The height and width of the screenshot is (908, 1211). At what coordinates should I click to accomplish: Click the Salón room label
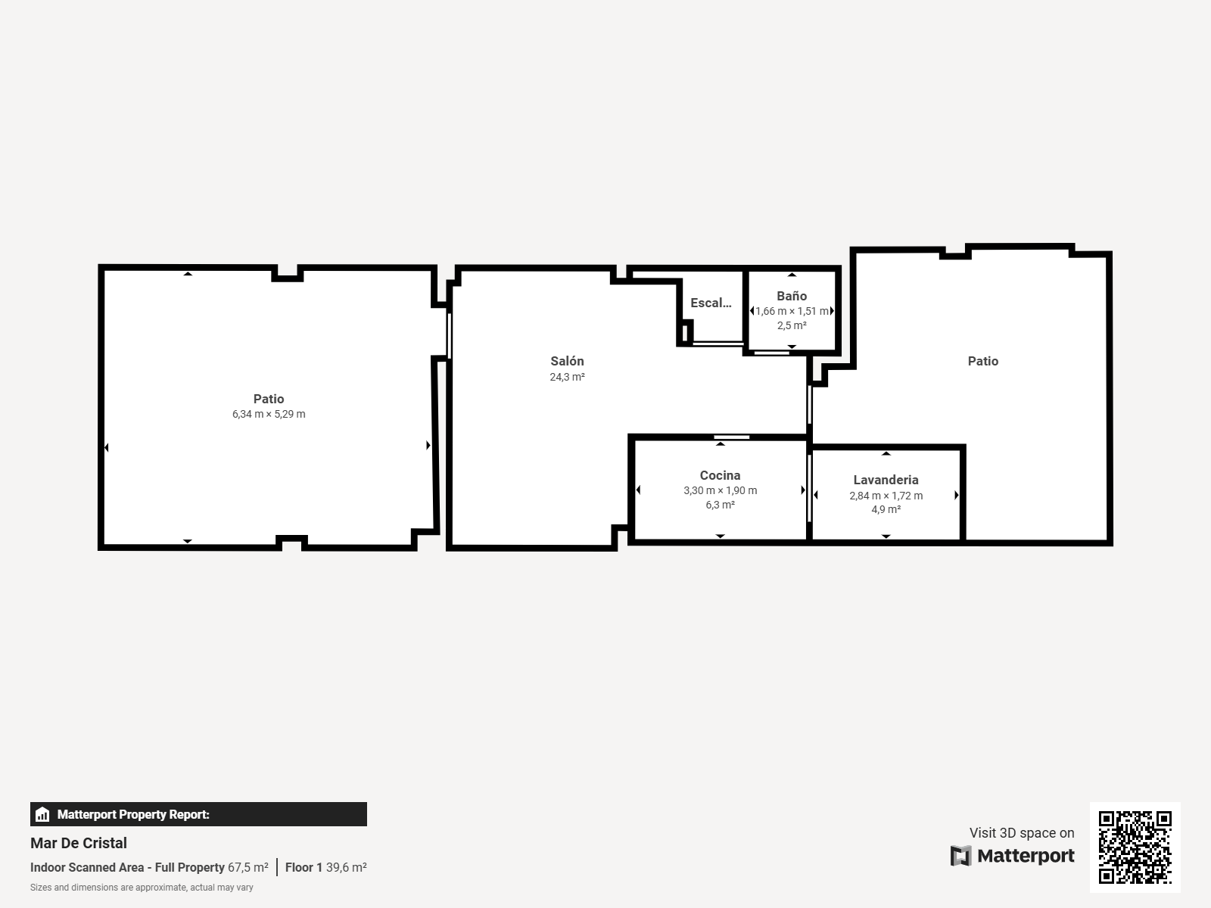point(567,361)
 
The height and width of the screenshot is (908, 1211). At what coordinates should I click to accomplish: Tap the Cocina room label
point(720,475)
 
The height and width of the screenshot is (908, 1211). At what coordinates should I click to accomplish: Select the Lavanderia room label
point(886,480)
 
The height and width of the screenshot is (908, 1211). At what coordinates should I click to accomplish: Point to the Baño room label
point(792,296)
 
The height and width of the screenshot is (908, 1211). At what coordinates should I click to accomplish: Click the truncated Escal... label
point(711,303)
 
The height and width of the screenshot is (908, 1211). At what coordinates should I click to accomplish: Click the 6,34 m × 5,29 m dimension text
point(269,414)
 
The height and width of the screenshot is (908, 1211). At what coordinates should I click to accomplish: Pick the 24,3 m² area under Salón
point(567,377)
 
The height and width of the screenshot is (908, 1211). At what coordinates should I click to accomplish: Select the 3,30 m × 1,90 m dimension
point(720,490)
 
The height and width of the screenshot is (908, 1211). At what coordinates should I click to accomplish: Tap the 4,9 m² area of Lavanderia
point(886,509)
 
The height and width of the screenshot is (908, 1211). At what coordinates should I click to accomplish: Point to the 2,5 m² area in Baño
point(792,326)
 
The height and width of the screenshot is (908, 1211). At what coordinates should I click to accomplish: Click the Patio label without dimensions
point(983,361)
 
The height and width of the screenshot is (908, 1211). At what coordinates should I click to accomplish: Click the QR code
point(1135,847)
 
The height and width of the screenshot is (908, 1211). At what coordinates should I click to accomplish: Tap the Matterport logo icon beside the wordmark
point(960,856)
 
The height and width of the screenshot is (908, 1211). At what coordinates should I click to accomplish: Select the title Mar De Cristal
point(79,843)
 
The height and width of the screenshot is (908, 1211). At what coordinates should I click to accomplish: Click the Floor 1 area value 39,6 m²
point(347,867)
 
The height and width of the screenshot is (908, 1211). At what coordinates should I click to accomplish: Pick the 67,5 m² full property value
point(248,867)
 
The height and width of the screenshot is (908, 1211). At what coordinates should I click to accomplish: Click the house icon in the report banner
point(42,814)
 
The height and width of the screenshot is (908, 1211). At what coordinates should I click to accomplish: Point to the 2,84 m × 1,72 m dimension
point(886,496)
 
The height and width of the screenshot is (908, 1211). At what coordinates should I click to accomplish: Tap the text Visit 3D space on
point(1022,833)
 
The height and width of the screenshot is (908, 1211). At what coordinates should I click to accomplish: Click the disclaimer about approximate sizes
point(142,888)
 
